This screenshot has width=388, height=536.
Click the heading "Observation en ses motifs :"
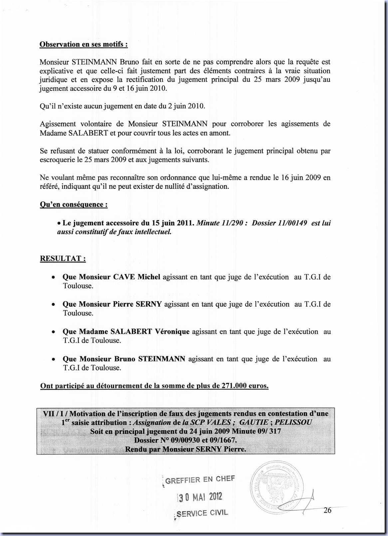point(84,44)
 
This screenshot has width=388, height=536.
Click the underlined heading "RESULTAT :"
point(63,259)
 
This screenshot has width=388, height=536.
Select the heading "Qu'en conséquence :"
point(74,204)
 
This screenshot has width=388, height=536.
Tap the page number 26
point(327,510)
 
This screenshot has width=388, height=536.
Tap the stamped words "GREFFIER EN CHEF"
point(200,479)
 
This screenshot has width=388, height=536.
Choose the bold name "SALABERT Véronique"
point(150,332)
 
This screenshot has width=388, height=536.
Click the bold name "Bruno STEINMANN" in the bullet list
point(150,359)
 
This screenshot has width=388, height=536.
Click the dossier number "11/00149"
point(293,223)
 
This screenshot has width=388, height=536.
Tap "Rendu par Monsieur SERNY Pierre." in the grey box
point(186,449)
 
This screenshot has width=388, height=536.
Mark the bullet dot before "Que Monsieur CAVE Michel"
point(53,277)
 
